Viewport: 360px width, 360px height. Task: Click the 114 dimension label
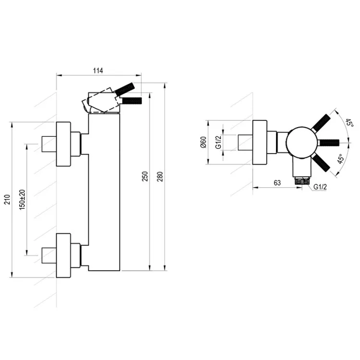tap(98, 71)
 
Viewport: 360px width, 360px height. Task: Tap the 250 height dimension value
tap(145, 176)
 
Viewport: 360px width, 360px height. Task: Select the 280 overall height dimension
tap(160, 176)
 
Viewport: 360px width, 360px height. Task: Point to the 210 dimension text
tap(7, 199)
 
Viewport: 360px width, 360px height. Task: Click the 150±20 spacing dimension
tap(22, 200)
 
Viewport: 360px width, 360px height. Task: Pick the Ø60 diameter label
tap(204, 142)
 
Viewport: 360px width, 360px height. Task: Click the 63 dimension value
tap(277, 183)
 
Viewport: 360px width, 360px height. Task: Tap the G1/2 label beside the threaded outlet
tap(320, 187)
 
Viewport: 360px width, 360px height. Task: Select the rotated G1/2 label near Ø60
tap(218, 142)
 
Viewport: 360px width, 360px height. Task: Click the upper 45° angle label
tap(349, 122)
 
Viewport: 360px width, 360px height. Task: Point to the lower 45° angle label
tap(341, 159)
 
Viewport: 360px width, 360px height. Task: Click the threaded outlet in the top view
tap(302, 180)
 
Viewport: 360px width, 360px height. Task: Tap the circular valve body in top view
tap(302, 143)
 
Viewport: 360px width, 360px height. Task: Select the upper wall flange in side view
tap(63, 144)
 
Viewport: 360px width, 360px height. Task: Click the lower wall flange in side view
tap(63, 255)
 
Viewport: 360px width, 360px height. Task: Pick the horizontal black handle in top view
tap(329, 143)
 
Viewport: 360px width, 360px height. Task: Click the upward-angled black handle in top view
tap(321, 123)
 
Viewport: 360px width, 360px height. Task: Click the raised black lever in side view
tap(125, 89)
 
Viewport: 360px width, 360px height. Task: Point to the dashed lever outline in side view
tap(101, 100)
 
